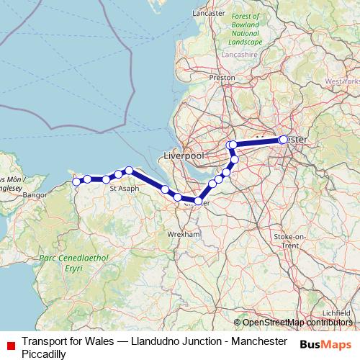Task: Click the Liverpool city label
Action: coord(185,156)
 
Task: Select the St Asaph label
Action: coord(124,189)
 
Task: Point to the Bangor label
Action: coord(35,194)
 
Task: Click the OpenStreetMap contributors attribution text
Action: coord(296,323)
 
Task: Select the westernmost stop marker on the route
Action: coord(76,181)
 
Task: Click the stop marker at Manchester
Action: coord(283,140)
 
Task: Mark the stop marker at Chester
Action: coord(197,200)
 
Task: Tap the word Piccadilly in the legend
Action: coord(45,354)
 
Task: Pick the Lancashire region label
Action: coord(240,53)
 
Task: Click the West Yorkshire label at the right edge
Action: coord(343,81)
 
